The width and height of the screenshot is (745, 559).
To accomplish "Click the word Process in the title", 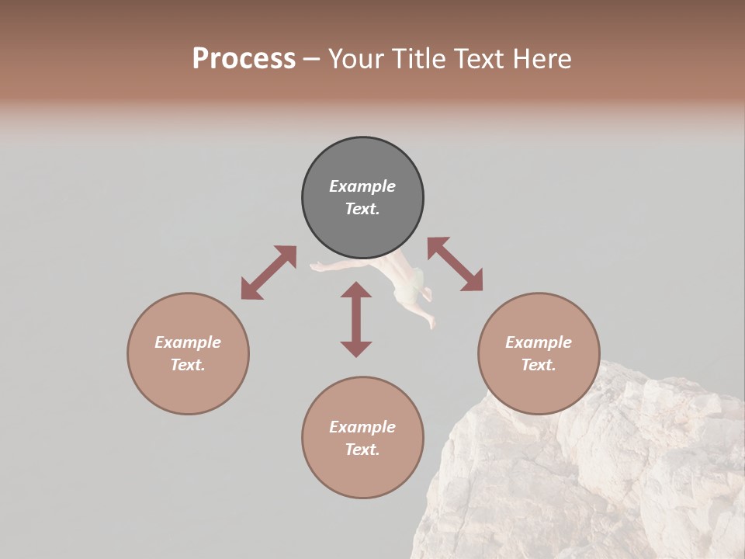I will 244,59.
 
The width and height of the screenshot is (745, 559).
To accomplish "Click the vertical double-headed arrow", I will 356,319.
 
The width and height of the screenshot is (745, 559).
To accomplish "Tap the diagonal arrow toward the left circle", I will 269,272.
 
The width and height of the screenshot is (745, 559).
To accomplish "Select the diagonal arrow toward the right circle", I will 455,264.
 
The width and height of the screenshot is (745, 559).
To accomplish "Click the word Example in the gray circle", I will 362,186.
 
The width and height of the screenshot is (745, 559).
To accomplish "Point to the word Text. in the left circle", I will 188,365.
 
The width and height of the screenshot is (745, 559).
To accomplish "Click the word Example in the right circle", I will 539,342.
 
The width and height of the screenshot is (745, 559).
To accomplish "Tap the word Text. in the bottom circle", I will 362,450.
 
